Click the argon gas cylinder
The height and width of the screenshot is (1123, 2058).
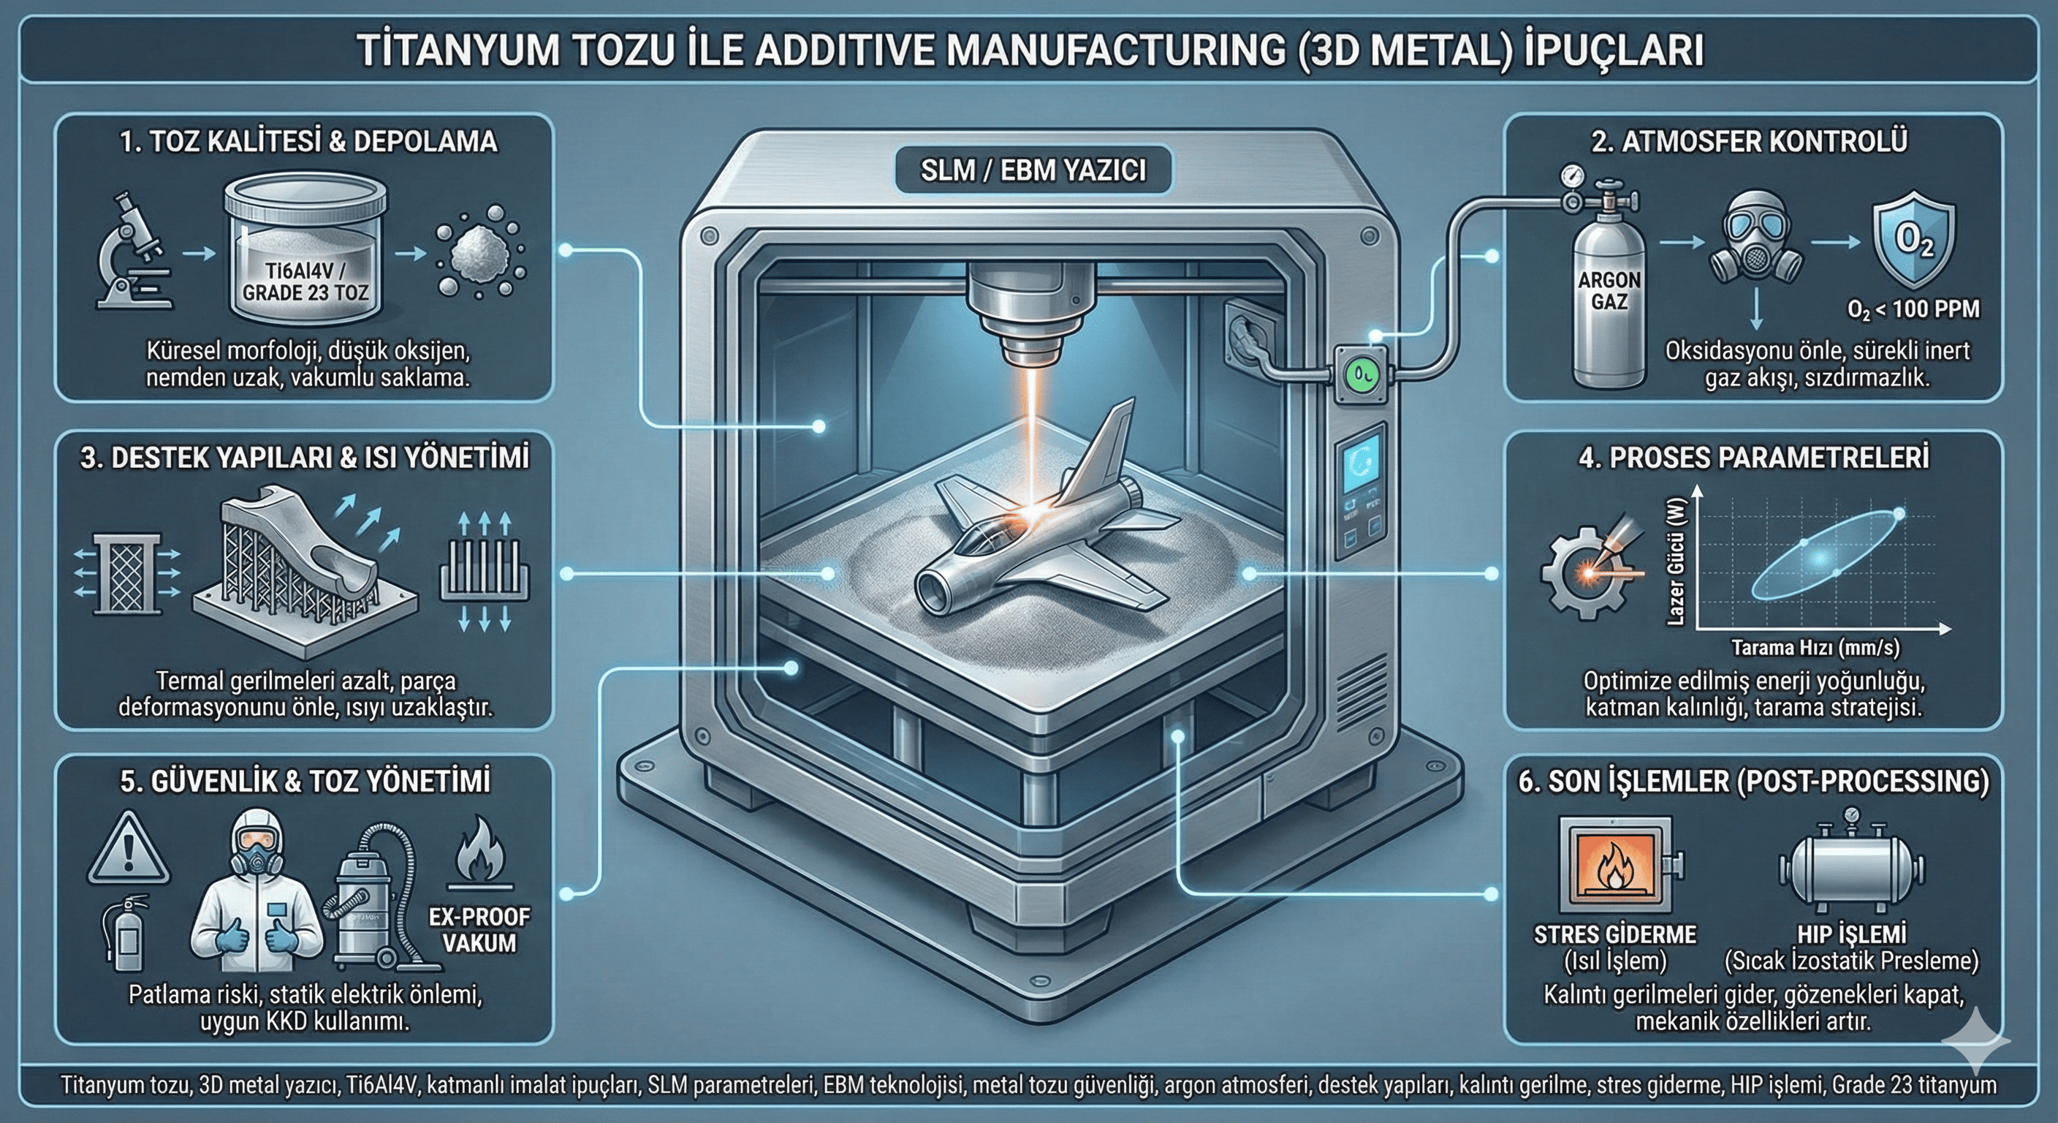click(1609, 295)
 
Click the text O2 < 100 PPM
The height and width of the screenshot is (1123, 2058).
click(1913, 309)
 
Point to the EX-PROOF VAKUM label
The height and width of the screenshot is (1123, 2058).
click(479, 929)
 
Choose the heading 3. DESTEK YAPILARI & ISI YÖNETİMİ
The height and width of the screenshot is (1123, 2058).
click(304, 458)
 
